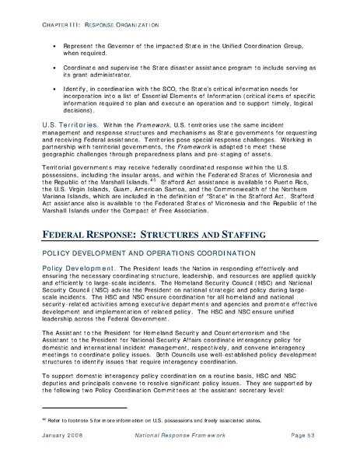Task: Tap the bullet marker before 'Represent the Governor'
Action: coord(54,46)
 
